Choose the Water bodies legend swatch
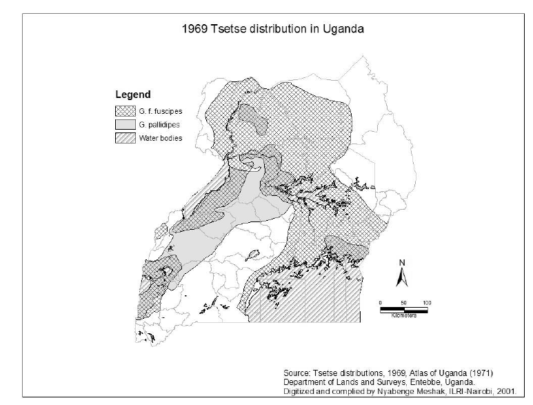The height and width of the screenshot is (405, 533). click(127, 137)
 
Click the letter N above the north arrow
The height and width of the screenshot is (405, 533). click(402, 263)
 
